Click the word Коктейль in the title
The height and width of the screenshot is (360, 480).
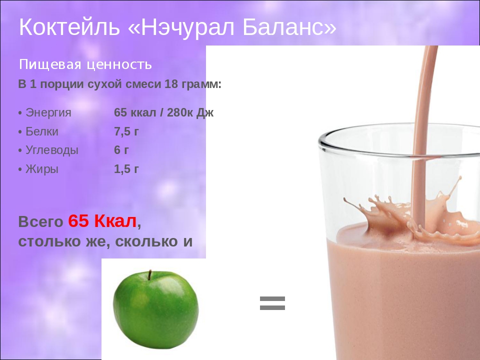[x=69, y=27]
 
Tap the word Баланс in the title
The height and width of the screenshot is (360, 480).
[x=284, y=27]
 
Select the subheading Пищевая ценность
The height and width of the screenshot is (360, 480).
[x=85, y=64]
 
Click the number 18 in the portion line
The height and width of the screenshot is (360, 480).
[x=171, y=84]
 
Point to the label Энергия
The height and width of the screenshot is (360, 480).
[x=48, y=113]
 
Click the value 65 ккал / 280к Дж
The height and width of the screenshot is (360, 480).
[x=164, y=112]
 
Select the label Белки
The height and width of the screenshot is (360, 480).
[x=42, y=131]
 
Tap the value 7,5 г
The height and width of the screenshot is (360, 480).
[x=126, y=131]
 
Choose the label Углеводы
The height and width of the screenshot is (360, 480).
[x=52, y=150]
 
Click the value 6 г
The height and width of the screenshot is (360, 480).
[x=121, y=150]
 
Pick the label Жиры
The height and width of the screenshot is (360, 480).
[x=42, y=169]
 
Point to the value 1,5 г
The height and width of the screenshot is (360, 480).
[x=126, y=169]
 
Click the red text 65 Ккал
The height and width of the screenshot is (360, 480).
[x=102, y=221]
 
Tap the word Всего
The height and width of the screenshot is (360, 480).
[x=40, y=222]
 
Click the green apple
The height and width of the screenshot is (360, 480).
[x=156, y=309]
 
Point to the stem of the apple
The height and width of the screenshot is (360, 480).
[x=150, y=275]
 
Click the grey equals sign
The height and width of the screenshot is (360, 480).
[x=272, y=303]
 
